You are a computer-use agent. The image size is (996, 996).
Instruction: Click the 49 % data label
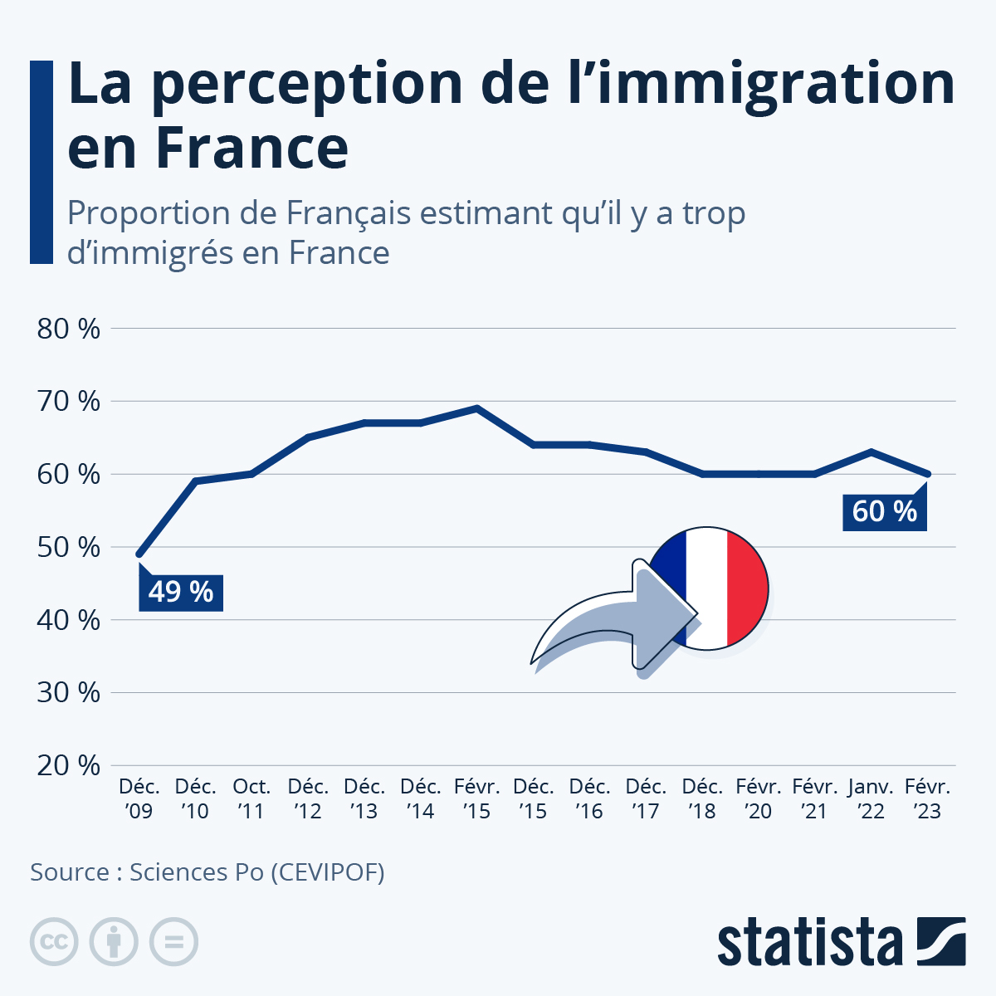point(180,592)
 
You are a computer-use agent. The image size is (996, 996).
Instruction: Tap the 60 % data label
point(884,510)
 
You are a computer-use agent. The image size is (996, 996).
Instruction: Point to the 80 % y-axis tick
point(69,329)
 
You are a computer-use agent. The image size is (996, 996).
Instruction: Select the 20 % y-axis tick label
point(69,765)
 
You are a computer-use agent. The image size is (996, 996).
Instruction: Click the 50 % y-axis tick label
point(69,547)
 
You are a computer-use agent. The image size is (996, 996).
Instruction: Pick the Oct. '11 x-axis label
point(251,798)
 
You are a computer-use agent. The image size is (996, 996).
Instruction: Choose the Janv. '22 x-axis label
point(871,798)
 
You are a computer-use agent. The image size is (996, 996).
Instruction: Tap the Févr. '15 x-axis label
point(477,798)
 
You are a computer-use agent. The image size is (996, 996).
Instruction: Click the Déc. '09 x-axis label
point(139,798)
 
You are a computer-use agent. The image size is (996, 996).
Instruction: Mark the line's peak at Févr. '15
point(477,408)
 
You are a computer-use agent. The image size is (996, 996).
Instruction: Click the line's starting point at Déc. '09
point(139,554)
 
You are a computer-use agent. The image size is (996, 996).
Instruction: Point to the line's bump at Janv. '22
point(871,452)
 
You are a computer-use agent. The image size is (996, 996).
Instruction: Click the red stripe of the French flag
point(747,588)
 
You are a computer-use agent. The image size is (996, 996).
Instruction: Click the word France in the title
point(252,148)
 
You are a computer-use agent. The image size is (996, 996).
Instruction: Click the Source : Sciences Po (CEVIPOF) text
point(207,872)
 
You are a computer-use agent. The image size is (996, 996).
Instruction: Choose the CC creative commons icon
point(54,942)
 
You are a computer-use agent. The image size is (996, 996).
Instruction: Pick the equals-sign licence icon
point(173,942)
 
